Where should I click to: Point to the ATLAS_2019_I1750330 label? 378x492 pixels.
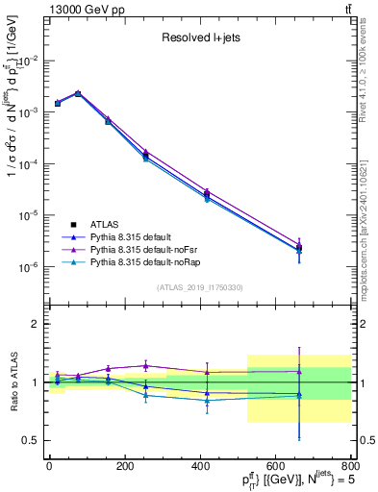point(199,287)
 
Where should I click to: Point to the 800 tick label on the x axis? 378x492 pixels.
point(348,465)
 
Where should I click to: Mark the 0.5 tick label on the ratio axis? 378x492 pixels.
point(31,440)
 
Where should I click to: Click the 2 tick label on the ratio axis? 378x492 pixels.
point(36,324)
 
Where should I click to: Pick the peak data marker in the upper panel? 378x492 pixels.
point(77,93)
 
